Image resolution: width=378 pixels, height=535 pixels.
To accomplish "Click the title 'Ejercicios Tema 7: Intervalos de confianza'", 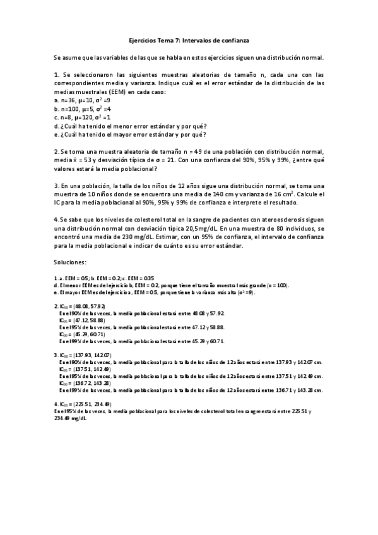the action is [189, 40].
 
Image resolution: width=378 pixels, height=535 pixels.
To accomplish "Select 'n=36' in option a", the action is [67, 100].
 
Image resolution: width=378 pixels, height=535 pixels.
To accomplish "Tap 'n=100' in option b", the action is [69, 109].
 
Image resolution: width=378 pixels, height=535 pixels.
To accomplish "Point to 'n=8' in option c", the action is [66, 117].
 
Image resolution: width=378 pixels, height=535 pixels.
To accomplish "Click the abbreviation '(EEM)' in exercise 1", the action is [126, 91].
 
